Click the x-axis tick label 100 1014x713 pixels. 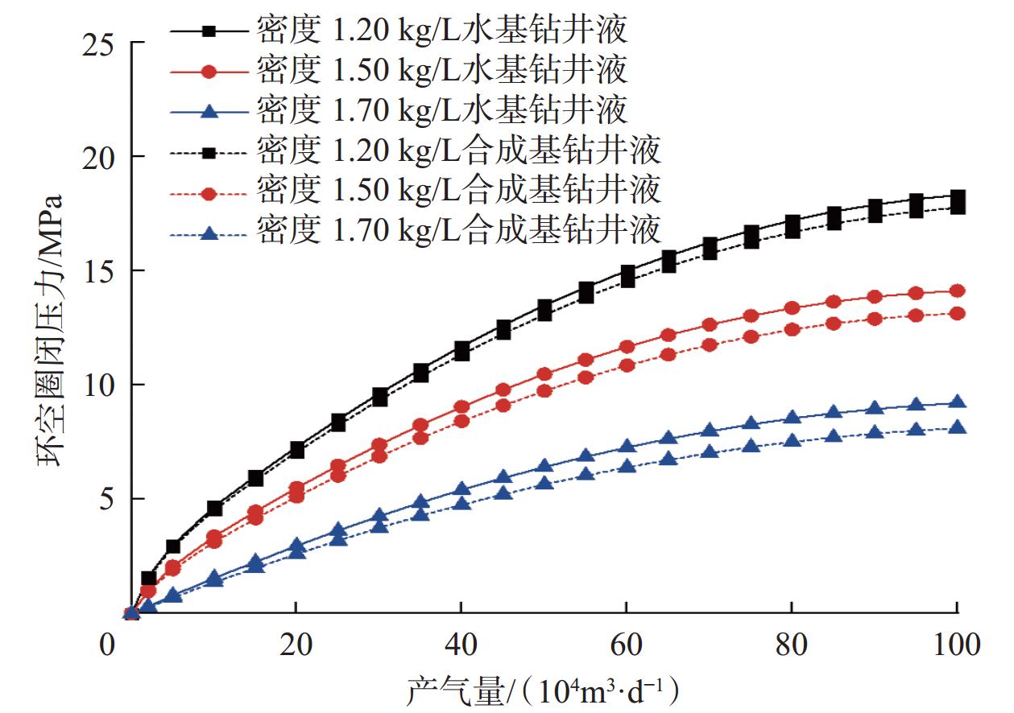pyautogui.click(x=955, y=645)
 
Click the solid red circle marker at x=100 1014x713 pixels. pyautogui.click(x=957, y=291)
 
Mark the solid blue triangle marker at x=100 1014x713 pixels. pyautogui.click(x=957, y=402)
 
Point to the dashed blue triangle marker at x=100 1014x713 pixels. pyautogui.click(x=957, y=427)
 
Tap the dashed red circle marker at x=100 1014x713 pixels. pyautogui.click(x=957, y=313)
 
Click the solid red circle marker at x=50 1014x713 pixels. pyautogui.click(x=544, y=373)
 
